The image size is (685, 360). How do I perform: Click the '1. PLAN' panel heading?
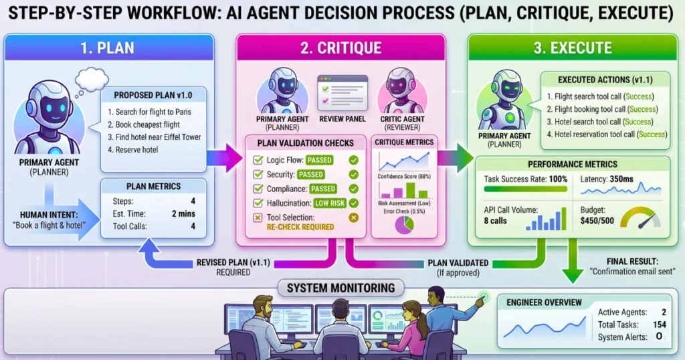point(108,48)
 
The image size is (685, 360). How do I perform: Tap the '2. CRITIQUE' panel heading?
point(341,48)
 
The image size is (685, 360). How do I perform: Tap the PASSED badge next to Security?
point(311,174)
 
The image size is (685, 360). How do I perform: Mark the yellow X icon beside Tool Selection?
point(353,217)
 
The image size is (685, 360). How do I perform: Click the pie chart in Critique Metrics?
point(403,223)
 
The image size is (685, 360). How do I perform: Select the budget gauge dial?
point(640,217)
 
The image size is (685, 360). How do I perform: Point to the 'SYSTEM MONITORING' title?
point(340,288)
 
